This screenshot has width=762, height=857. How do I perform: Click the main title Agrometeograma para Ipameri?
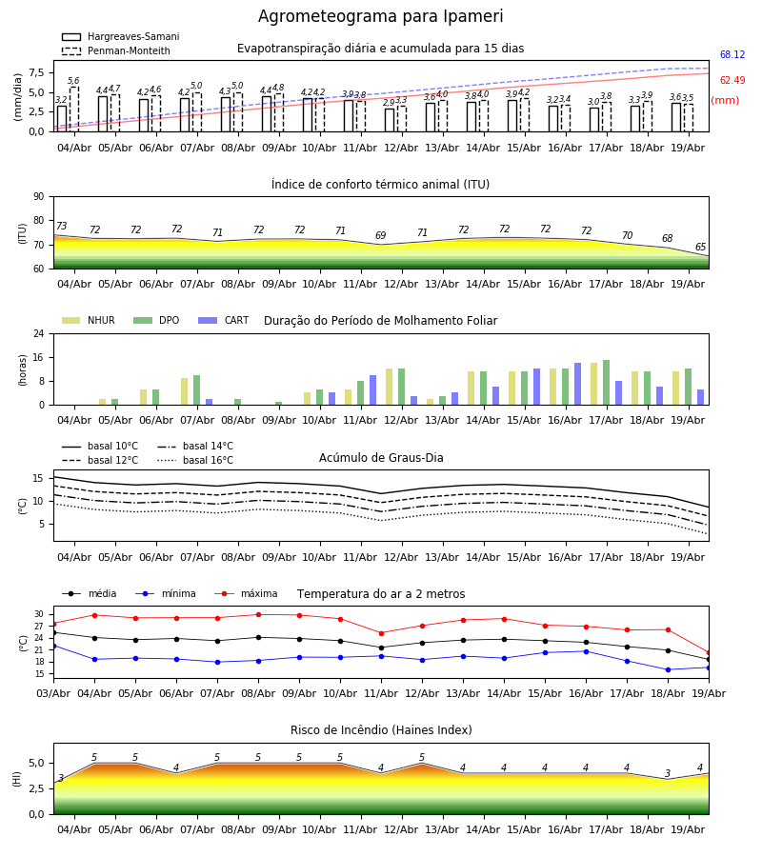380,16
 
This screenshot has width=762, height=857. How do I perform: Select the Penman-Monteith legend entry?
116,50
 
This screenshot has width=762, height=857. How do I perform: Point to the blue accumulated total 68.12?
732,54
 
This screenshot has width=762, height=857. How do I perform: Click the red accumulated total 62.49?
732,80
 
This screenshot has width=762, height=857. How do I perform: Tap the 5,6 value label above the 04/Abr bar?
73,81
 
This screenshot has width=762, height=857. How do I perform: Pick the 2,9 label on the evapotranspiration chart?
389,102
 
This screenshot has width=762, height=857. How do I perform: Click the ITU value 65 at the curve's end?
700,247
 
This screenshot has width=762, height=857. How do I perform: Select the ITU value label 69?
380,235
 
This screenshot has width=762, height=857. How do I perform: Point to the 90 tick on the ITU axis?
39,197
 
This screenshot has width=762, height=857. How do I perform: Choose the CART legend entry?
224,320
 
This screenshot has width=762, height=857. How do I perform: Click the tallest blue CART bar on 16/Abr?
578,384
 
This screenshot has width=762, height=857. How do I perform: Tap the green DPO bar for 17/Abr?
606,383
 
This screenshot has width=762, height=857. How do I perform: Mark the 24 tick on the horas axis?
39,333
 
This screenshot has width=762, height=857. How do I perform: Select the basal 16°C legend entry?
195,460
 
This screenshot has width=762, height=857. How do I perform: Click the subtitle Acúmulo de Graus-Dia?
381,457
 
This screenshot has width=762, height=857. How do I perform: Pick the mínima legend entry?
166,593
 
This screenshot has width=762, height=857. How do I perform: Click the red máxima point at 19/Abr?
709,652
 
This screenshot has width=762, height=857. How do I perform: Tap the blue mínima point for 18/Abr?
668,669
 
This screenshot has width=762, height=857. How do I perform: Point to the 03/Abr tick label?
53,693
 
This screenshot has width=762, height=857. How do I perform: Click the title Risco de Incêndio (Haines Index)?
381,730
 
